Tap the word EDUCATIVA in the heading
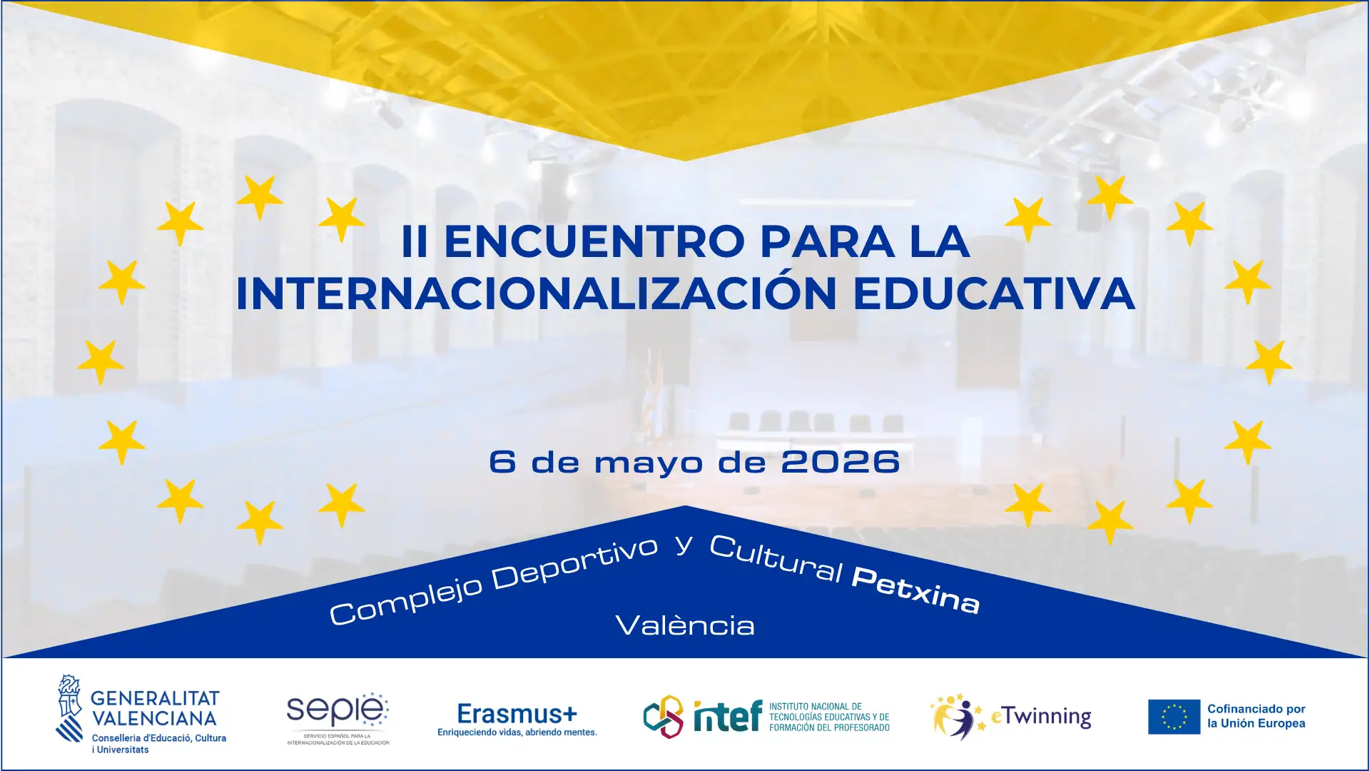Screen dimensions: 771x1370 (x=993, y=293)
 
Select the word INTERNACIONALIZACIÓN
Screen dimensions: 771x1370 (x=536, y=293)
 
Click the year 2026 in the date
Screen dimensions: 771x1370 (x=840, y=462)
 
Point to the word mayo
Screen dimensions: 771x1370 (x=649, y=463)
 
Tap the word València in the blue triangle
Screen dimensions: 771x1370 (x=685, y=626)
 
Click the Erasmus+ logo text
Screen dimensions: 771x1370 (x=517, y=713)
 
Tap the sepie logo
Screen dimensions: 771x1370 (x=337, y=710)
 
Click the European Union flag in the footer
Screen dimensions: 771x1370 (x=1174, y=717)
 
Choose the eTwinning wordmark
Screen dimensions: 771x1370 (x=1042, y=716)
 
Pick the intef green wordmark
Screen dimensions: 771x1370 (x=727, y=716)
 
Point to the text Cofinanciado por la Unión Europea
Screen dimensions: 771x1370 (x=1256, y=716)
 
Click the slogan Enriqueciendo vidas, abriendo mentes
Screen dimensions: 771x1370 (x=517, y=732)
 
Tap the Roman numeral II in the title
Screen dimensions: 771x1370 (x=415, y=241)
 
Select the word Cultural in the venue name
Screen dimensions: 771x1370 (x=776, y=558)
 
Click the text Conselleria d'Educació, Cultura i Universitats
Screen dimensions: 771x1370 (x=158, y=744)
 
